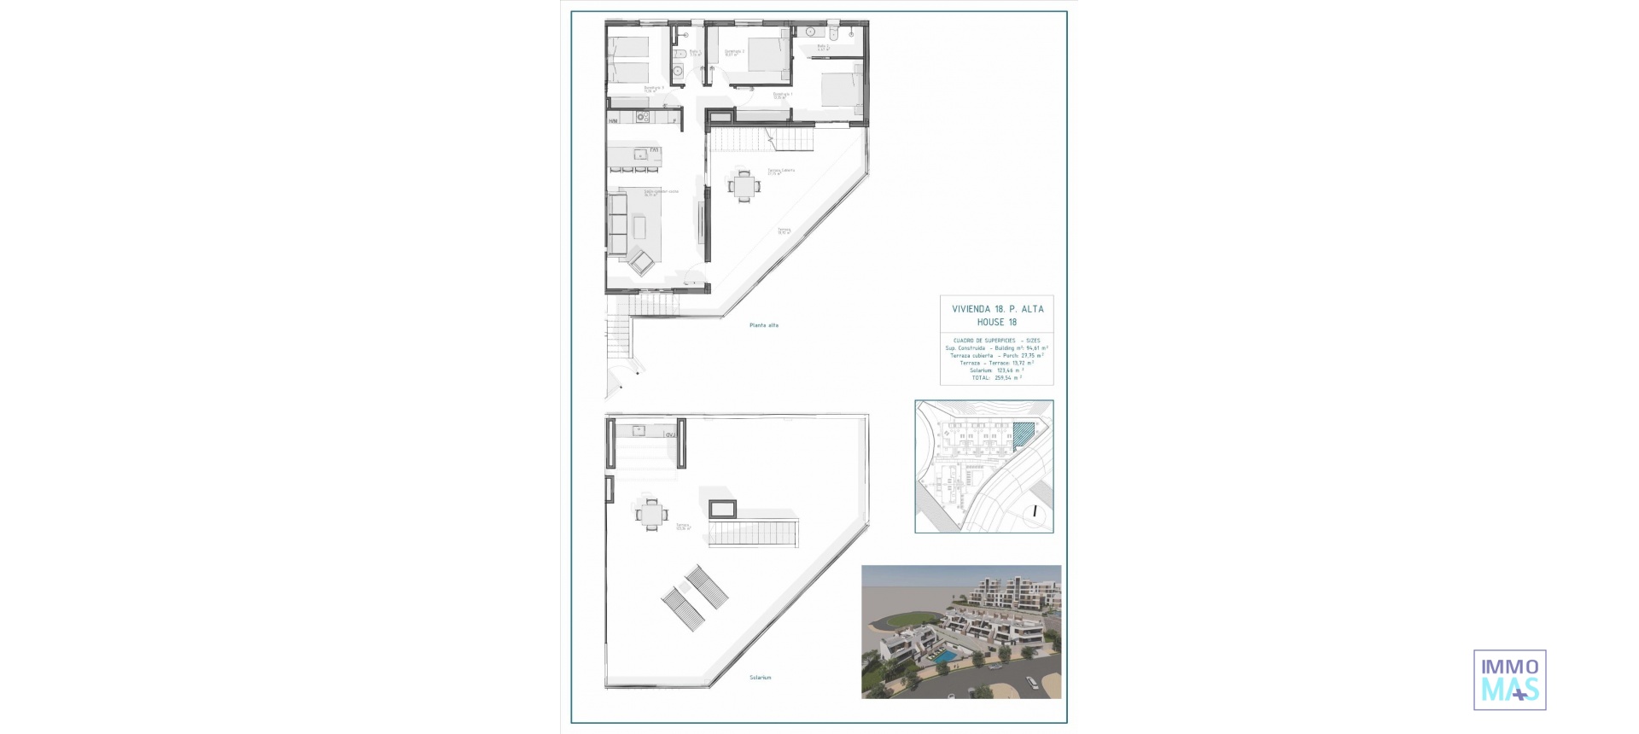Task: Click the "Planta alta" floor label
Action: tap(764, 325)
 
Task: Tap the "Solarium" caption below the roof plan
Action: tap(760, 678)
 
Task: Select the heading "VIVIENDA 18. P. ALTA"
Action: tap(997, 309)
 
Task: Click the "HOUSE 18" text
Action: tap(997, 323)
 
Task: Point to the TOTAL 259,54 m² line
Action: tap(996, 377)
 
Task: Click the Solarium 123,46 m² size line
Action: tap(996, 370)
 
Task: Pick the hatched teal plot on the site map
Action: tap(1023, 436)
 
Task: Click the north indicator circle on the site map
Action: tap(1035, 512)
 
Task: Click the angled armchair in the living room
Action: tap(641, 260)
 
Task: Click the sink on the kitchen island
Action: tap(639, 154)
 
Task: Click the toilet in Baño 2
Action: tap(838, 32)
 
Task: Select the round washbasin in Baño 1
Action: tap(676, 72)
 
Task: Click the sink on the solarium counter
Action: tap(638, 430)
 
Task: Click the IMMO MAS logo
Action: tap(1509, 679)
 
